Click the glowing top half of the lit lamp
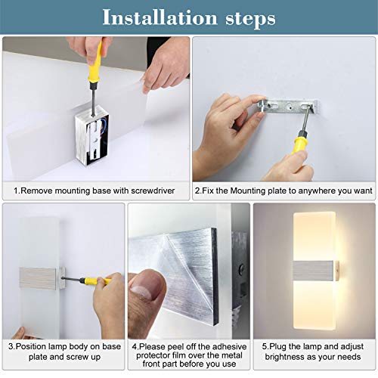pos(313,234)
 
